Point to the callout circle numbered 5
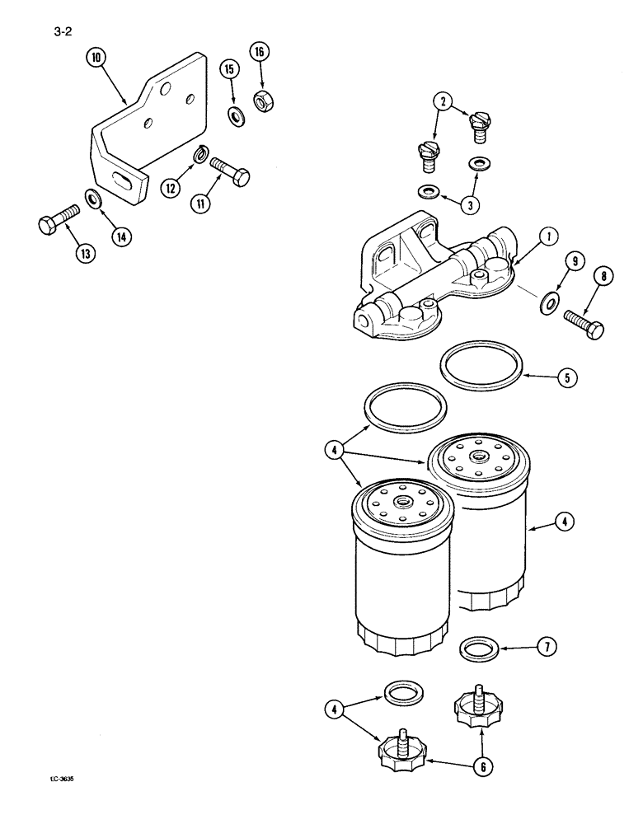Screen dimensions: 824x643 click(x=567, y=377)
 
